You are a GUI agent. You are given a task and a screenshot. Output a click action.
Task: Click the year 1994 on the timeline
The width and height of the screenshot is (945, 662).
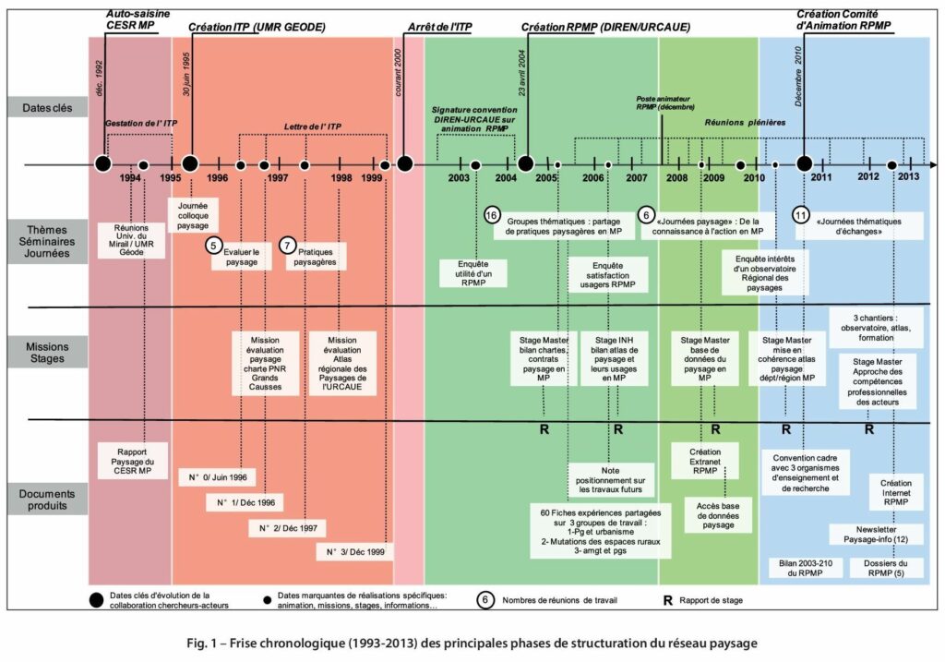[129, 178]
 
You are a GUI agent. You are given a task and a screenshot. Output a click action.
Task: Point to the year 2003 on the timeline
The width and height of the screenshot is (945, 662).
[459, 178]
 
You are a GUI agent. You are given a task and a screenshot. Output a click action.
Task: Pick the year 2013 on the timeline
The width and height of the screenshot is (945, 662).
[908, 176]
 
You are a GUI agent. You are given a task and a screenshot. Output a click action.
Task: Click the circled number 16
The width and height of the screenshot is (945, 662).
[491, 214]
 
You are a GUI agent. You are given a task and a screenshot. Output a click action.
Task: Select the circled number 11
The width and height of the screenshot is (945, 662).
[801, 214]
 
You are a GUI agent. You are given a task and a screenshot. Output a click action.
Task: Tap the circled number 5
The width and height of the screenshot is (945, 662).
[214, 247]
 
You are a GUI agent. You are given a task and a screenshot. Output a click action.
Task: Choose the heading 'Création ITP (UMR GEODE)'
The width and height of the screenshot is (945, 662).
[257, 28]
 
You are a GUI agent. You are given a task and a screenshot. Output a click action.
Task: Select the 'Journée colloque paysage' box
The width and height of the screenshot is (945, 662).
[192, 214]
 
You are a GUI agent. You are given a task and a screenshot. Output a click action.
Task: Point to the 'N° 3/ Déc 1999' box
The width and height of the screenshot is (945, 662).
[354, 552]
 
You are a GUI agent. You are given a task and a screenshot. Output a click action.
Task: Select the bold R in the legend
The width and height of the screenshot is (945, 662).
[667, 599]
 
